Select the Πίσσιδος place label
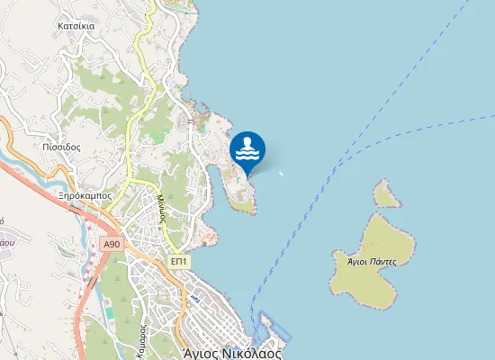61,146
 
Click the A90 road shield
112,244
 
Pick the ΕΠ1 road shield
179,260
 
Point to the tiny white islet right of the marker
282,174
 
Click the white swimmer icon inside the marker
247,148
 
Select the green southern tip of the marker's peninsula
241,204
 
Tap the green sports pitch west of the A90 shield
109,312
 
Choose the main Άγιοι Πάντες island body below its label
371,283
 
